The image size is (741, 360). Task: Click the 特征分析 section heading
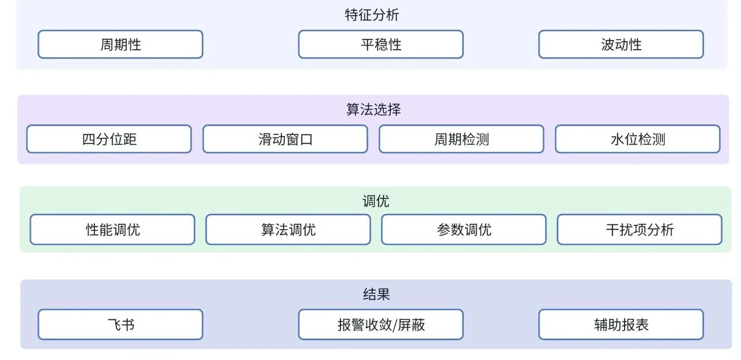click(372, 15)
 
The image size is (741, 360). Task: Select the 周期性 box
click(120, 45)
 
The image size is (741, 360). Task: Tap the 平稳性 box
click(380, 45)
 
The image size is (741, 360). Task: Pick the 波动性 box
click(621, 45)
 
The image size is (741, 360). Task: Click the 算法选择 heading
click(373, 109)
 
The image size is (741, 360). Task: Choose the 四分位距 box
click(109, 139)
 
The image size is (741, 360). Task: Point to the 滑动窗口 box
click(285, 139)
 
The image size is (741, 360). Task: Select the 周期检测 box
click(461, 139)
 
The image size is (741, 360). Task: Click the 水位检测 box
click(637, 139)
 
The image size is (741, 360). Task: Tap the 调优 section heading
click(376, 201)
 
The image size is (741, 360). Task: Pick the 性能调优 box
click(112, 230)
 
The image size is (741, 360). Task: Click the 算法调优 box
click(288, 230)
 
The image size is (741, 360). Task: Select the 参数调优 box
click(464, 230)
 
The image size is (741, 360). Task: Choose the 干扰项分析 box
click(639, 230)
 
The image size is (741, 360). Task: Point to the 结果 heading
click(376, 294)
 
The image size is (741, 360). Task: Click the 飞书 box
click(120, 325)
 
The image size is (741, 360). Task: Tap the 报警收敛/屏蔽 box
click(380, 325)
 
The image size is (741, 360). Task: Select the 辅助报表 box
click(621, 325)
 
